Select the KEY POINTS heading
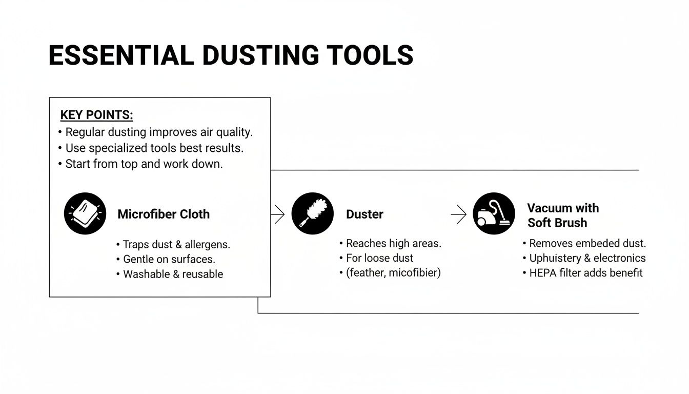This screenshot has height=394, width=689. pos(96,115)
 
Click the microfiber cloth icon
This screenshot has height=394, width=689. pos(85,213)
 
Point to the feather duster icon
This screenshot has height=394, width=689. pos(312,214)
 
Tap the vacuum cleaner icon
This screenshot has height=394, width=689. pos(493,214)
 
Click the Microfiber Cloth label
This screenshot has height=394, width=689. pos(164,214)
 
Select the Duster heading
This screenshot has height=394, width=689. pos(364,214)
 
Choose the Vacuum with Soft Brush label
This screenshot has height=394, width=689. pos(562,215)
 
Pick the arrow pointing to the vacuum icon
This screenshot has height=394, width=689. pos(458,214)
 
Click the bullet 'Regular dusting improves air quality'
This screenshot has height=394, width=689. pos(159,132)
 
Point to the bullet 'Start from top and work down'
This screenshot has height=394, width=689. pos(144,165)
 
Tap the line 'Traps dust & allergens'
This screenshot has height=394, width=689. pos(176,245)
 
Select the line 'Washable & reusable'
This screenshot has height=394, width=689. pos(173,274)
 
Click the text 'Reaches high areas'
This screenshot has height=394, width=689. pos(393,243)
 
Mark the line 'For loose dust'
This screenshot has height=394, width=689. pos(379,258)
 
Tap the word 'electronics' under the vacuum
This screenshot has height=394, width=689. pos(619,258)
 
